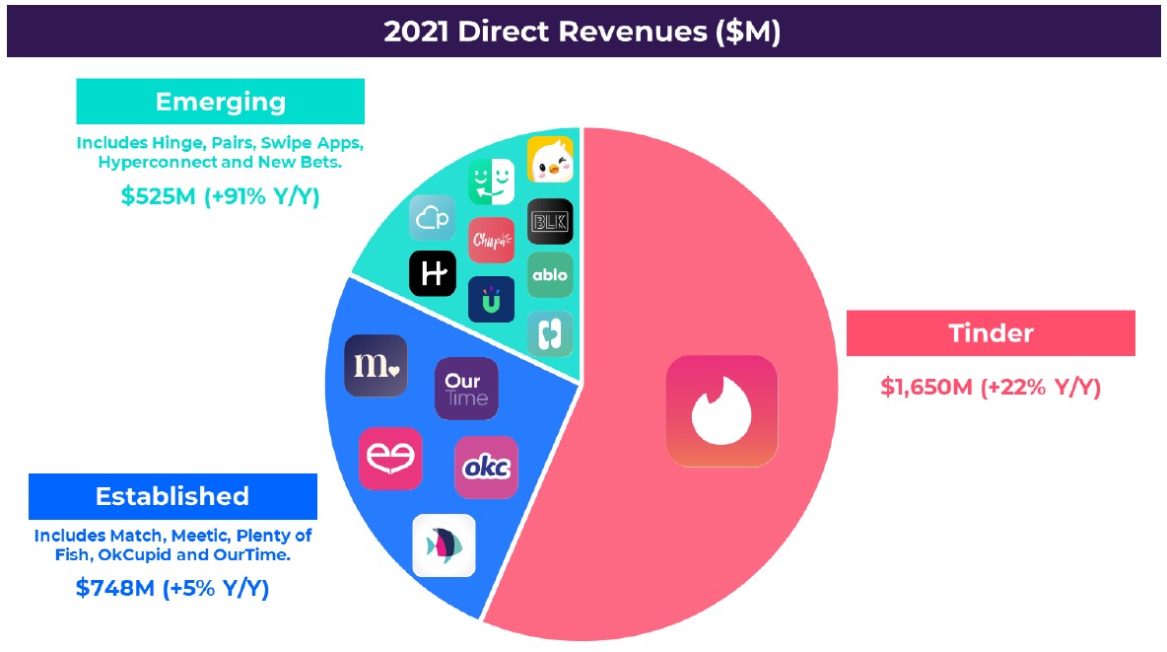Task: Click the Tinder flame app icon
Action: coord(721,411)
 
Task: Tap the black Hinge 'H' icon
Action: coord(433,273)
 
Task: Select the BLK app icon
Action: coord(550,221)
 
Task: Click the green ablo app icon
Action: coord(550,275)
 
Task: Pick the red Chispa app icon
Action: coord(491,240)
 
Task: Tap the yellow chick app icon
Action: coord(551,160)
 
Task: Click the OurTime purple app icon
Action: coord(466,389)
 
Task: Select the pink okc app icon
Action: coord(486,468)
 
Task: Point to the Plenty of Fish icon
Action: coord(445,545)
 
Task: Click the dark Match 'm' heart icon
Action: coord(376,365)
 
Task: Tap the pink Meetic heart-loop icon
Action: coord(390,459)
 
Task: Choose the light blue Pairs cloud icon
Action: coord(433,218)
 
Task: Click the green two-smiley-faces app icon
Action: coord(491,181)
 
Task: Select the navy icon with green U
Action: coord(491,300)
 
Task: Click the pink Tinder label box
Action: coord(991,333)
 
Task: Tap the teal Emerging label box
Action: coord(221,102)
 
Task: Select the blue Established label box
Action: coord(172,496)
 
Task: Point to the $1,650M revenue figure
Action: coord(927,388)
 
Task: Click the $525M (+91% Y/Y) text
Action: coord(221,196)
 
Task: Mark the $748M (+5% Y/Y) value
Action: coord(172,589)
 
